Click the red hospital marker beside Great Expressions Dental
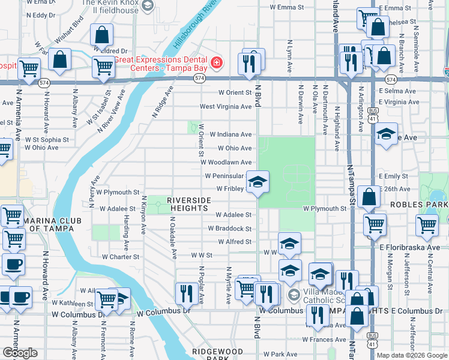coord(215,62)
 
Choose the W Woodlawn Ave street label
coord(226,162)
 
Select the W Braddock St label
coord(229,229)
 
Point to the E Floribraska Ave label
coord(409,247)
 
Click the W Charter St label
coord(119,257)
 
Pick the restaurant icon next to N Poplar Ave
coord(185,293)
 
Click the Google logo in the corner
coord(20,353)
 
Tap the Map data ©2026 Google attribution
coord(411,355)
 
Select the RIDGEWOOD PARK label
coord(217,355)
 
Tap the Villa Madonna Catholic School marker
coord(293,295)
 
